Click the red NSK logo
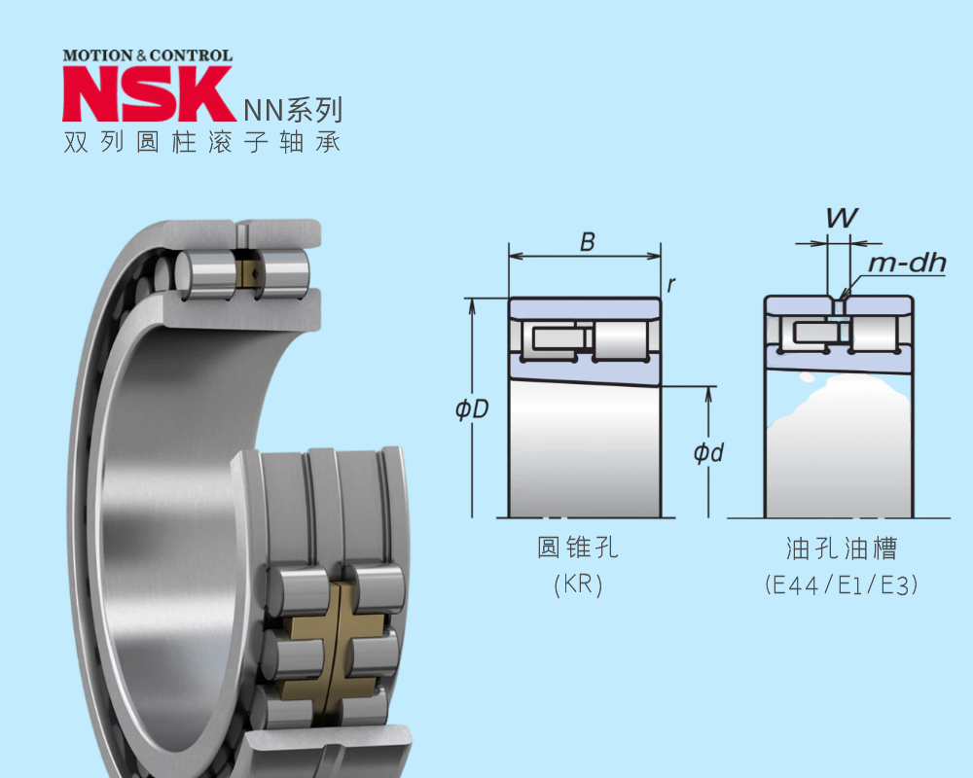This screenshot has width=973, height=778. tap(148, 93)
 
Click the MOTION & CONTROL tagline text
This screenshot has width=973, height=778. tap(148, 55)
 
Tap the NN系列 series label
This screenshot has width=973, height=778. tap(293, 110)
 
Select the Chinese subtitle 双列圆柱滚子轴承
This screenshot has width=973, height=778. tap(202, 143)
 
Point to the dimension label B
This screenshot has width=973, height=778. tap(587, 241)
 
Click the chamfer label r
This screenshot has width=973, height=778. tap(670, 285)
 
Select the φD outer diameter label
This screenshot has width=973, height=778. tap(472, 408)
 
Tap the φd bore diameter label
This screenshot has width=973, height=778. tap(708, 452)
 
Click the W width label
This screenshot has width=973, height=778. tap(842, 218)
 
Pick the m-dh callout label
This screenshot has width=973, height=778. tap(907, 263)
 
